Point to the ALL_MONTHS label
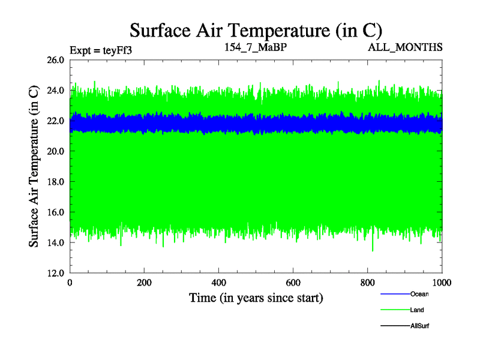(x=406, y=47)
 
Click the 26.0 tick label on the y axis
(x=55, y=60)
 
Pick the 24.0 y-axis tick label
(x=55, y=91)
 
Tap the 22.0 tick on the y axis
(x=55, y=121)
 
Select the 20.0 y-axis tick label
(x=55, y=151)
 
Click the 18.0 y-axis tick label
(x=55, y=182)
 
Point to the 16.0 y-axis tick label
(x=55, y=212)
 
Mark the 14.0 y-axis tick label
(x=55, y=242)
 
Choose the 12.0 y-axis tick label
(x=55, y=273)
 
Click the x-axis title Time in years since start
(x=256, y=298)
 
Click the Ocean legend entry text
(x=419, y=294)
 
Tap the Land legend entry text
(x=418, y=310)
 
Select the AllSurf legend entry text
(x=420, y=325)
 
